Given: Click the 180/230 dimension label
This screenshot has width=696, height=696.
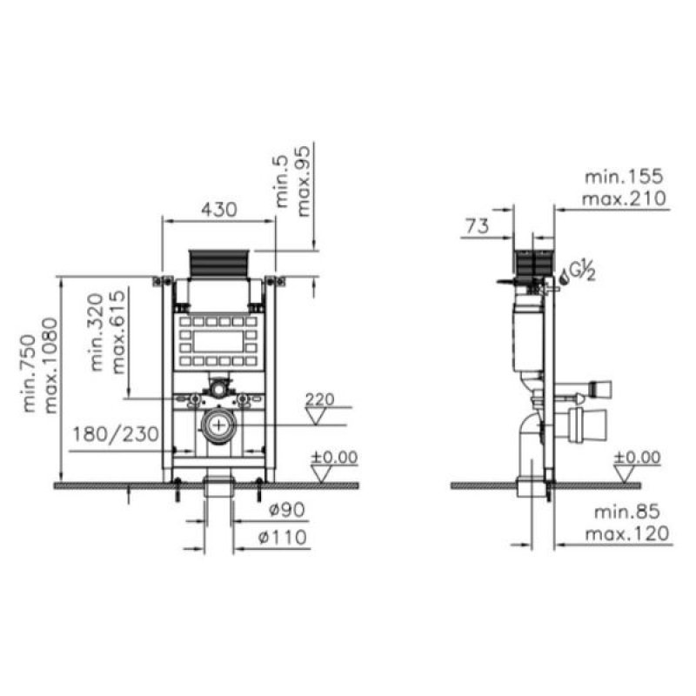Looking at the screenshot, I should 115,432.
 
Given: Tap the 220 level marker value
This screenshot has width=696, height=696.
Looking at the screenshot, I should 320,399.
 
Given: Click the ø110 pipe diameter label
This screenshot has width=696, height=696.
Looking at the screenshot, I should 283,538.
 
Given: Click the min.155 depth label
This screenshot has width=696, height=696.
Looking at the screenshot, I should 624,177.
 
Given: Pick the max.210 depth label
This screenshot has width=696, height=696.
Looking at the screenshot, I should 624,200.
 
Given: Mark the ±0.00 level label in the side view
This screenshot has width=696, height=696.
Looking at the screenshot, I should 637,457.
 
